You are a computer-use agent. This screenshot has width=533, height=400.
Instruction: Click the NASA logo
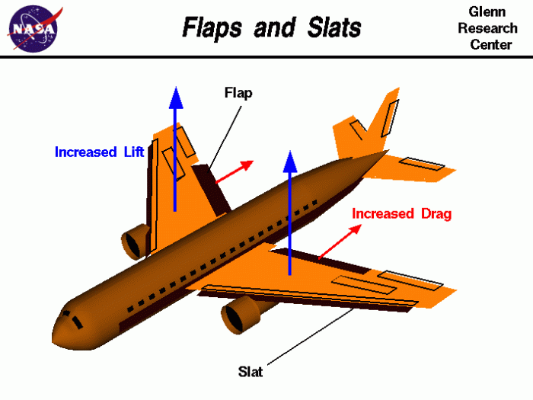click(34, 29)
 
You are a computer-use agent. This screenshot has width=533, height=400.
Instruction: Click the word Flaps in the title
click(212, 27)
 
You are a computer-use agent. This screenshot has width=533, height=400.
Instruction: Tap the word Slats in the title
click(334, 27)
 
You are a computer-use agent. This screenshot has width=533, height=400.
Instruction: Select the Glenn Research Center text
click(487, 28)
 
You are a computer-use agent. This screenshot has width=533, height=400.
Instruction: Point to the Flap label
click(238, 93)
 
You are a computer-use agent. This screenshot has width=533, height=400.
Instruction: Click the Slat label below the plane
click(251, 372)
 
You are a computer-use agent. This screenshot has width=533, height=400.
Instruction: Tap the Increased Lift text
click(100, 152)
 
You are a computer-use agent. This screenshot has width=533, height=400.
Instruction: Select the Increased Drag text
click(401, 213)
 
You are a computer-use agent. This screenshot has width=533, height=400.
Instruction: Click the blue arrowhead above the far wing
click(176, 98)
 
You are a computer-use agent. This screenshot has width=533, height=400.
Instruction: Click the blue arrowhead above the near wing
click(290, 162)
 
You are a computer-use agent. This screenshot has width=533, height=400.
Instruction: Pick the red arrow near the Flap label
click(235, 171)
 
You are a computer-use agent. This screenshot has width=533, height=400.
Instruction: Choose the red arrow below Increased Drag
click(340, 242)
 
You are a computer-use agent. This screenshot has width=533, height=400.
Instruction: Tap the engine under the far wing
click(136, 242)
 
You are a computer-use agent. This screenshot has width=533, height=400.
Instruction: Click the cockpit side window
click(77, 322)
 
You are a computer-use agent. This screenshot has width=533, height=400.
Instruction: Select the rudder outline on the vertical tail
click(390, 118)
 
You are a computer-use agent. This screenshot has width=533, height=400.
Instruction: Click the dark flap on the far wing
click(212, 188)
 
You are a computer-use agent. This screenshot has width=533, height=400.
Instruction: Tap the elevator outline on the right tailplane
click(422, 164)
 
